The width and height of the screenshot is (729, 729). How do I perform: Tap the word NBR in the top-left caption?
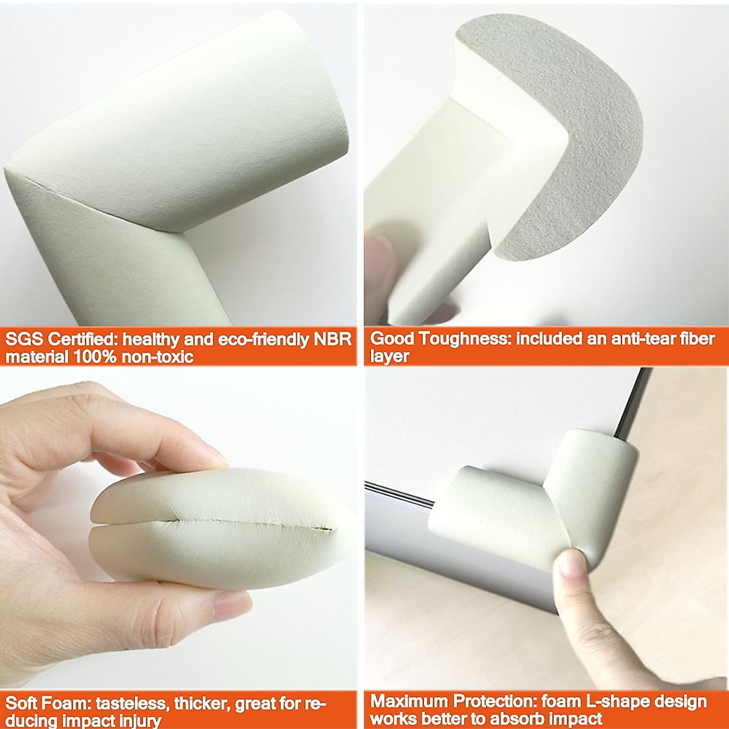pos(332,339)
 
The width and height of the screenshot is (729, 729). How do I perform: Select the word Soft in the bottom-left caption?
pos(22,704)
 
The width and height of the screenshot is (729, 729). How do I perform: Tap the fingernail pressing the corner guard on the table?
pos(570,564)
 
